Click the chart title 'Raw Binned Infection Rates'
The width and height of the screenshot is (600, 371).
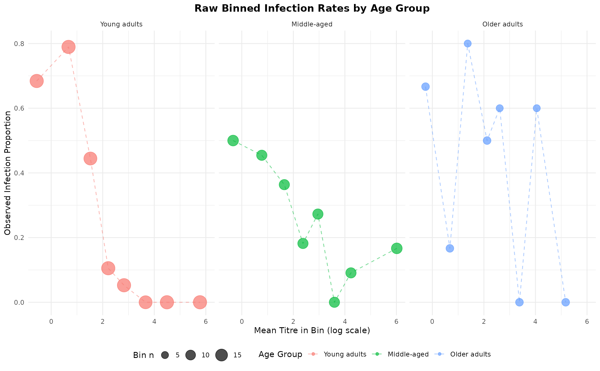pos(312,9)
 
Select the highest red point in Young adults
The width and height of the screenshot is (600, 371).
pos(68,47)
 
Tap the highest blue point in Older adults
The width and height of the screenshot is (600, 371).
pos(468,43)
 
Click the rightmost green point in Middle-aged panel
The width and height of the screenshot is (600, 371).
pos(397,248)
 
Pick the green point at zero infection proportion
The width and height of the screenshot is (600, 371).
pos(334,302)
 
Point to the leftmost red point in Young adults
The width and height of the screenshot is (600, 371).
pos(37,81)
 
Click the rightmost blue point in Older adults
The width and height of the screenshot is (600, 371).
pos(566,302)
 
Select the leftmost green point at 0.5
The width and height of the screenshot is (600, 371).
pos(233,140)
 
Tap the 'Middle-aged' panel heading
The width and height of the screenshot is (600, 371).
pos(312,24)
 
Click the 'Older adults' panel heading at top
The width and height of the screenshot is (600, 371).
pos(502,24)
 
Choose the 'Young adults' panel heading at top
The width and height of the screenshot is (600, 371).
pos(121,24)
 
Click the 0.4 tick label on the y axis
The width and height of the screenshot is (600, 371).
pos(20,173)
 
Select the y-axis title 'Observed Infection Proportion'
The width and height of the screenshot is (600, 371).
pos(8,173)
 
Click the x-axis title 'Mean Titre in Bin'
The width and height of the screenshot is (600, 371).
pos(312,330)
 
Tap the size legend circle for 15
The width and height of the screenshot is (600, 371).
pos(222,355)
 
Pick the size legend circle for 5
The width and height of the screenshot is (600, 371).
pos(165,355)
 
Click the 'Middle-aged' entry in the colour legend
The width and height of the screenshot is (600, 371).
pos(408,354)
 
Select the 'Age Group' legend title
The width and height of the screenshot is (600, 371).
pos(280,354)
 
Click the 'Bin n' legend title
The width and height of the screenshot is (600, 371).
pos(143,355)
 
